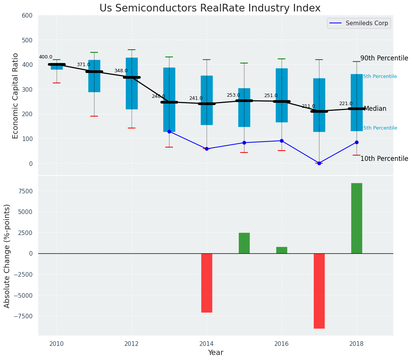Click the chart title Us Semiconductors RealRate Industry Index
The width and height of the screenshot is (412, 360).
[210, 8]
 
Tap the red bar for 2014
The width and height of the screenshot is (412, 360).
[207, 283]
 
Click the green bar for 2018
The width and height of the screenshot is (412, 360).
[357, 218]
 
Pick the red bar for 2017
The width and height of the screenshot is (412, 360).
[319, 291]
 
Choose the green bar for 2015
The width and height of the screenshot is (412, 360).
[244, 243]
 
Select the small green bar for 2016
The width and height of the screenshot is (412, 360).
[282, 250]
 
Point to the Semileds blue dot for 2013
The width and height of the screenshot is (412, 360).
[169, 131]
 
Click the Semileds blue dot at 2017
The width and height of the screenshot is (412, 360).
[319, 163]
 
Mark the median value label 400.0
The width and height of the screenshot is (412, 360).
[46, 57]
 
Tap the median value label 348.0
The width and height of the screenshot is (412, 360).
[121, 71]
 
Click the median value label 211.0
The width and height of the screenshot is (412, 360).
[308, 107]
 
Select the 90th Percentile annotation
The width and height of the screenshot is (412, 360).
[384, 58]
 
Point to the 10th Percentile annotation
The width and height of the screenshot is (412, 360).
[384, 159]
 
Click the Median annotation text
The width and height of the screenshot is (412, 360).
[375, 109]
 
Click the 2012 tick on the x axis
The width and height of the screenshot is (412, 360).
[132, 344]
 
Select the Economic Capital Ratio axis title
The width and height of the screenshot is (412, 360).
[16, 96]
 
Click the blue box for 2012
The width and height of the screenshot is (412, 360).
[132, 83]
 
